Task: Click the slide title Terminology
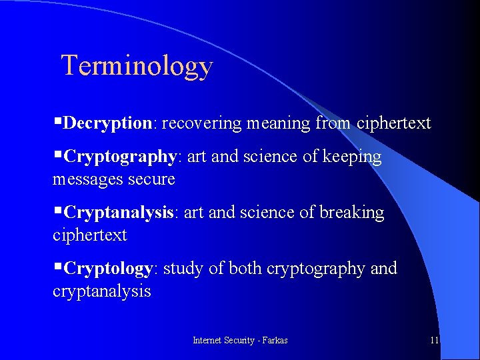[x=137, y=66]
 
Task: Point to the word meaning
[x=278, y=123]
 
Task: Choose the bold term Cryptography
[x=120, y=157]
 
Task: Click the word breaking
[x=352, y=213]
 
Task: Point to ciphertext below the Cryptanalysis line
[x=89, y=235]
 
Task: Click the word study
[x=183, y=269]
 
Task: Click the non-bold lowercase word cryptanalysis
[x=101, y=291]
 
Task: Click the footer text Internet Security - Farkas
[x=240, y=340]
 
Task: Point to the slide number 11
[x=434, y=340]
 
